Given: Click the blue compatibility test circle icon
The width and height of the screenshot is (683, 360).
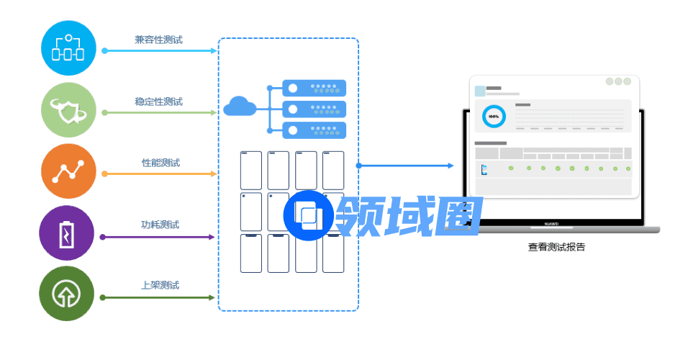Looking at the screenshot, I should [68, 48].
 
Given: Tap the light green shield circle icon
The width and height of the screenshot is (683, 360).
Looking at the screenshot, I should [68, 109].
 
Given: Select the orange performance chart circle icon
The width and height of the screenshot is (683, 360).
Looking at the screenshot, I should [68, 171].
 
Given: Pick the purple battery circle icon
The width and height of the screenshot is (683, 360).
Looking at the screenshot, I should [68, 233].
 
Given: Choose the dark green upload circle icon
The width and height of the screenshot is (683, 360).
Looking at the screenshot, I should [68, 294].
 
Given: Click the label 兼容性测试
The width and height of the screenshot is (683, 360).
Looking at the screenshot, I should [158, 40].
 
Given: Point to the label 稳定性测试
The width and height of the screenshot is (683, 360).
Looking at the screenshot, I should [158, 102].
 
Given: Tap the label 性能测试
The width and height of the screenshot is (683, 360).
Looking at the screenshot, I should [160, 163].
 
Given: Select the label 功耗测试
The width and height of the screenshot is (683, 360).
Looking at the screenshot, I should [160, 225].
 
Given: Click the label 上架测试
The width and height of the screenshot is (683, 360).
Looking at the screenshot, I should [160, 286].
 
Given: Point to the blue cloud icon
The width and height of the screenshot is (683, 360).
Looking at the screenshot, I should [240, 107].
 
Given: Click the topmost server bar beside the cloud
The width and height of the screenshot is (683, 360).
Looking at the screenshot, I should [314, 88].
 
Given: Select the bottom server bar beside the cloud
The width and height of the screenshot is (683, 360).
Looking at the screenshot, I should [314, 130].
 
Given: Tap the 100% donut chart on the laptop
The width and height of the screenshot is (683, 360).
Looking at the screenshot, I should [494, 116].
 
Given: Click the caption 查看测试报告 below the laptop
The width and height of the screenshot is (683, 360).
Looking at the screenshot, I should [556, 247].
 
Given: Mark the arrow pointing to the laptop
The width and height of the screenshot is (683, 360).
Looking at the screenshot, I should [407, 166].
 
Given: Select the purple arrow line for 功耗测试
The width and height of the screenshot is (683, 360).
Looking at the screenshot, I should [158, 237].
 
